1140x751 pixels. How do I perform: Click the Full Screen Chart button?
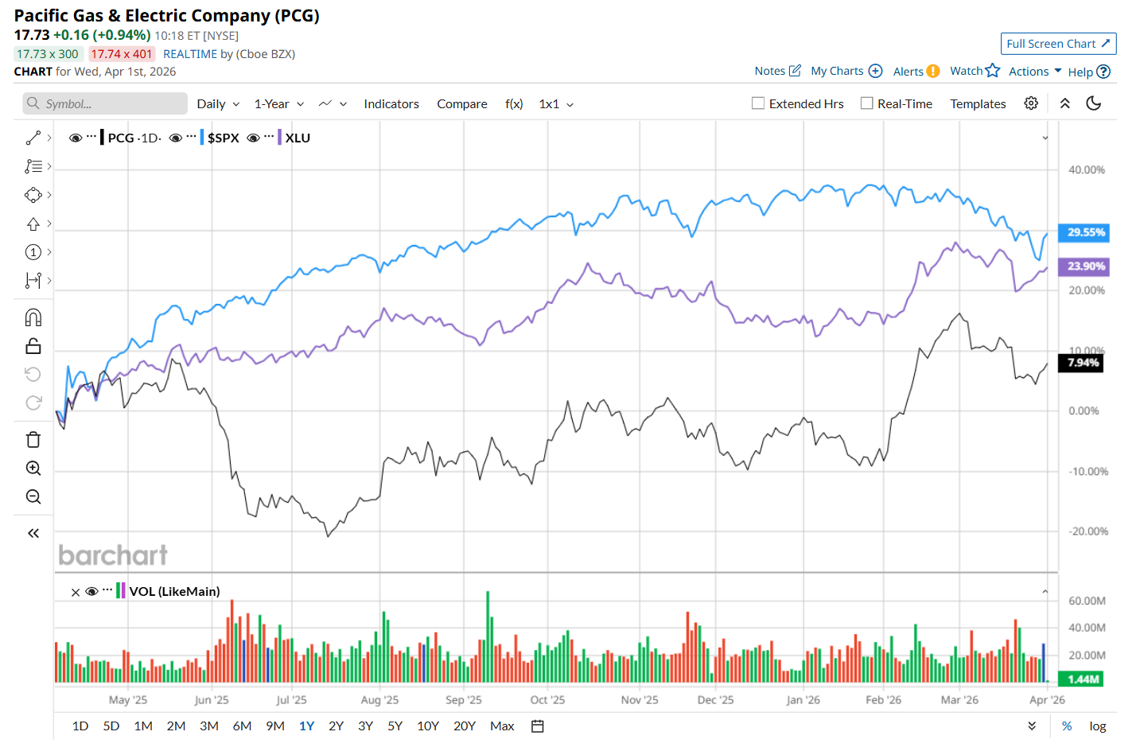point(1057,44)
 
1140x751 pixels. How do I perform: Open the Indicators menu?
point(391,104)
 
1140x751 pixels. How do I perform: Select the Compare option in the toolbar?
point(461,104)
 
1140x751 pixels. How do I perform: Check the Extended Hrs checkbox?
point(758,103)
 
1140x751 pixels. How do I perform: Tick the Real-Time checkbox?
point(867,103)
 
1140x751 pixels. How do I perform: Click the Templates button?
point(978,104)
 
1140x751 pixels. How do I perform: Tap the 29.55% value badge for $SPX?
point(1084,232)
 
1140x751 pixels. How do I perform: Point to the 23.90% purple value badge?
point(1084,267)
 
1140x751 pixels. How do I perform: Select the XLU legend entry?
point(298,138)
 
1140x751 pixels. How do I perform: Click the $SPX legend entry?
point(224,138)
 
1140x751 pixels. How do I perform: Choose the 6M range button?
point(242,726)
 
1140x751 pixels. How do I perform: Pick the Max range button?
point(502,726)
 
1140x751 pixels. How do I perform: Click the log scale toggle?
point(1097,726)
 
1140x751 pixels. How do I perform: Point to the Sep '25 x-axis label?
point(463,700)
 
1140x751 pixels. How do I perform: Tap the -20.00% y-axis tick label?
point(1087,531)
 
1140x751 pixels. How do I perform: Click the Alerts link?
point(908,72)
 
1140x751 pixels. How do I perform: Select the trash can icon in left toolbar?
point(33,440)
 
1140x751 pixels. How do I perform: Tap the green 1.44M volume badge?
point(1082,679)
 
